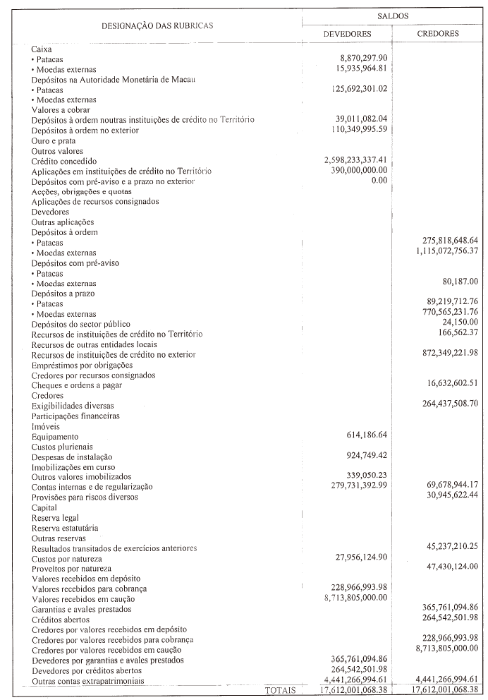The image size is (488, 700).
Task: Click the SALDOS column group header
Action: coord(392,15)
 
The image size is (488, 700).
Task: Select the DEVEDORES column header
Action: coord(347,33)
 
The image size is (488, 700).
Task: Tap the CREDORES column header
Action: coord(438,33)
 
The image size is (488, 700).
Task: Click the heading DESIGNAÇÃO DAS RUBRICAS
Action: coord(157,25)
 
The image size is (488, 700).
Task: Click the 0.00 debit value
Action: coord(379,181)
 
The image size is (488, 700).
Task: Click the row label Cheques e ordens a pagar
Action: coord(77,385)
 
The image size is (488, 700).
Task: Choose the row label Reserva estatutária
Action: coord(65,528)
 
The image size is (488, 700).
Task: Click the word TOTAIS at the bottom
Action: coord(280,689)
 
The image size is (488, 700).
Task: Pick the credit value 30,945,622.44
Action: coord(444,497)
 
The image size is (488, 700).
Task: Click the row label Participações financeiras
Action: coord(75,416)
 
